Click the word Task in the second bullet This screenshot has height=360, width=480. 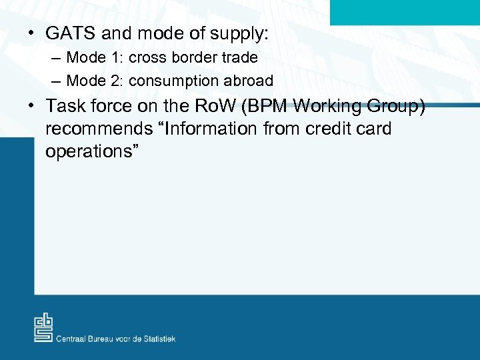coord(67,106)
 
